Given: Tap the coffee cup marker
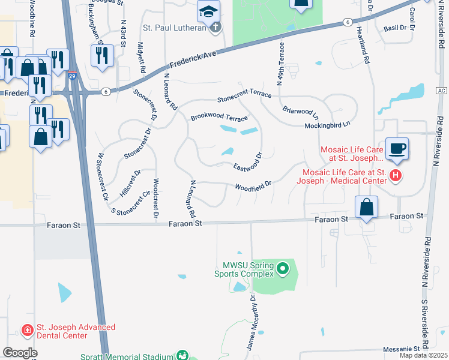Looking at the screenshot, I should pyautogui.click(x=397, y=149).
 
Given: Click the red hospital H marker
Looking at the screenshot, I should pyautogui.click(x=395, y=176).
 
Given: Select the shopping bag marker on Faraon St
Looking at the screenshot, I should pyautogui.click(x=366, y=208).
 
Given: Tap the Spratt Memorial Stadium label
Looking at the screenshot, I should pyautogui.click(x=127, y=356).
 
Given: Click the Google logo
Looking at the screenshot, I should pyautogui.click(x=20, y=353).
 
